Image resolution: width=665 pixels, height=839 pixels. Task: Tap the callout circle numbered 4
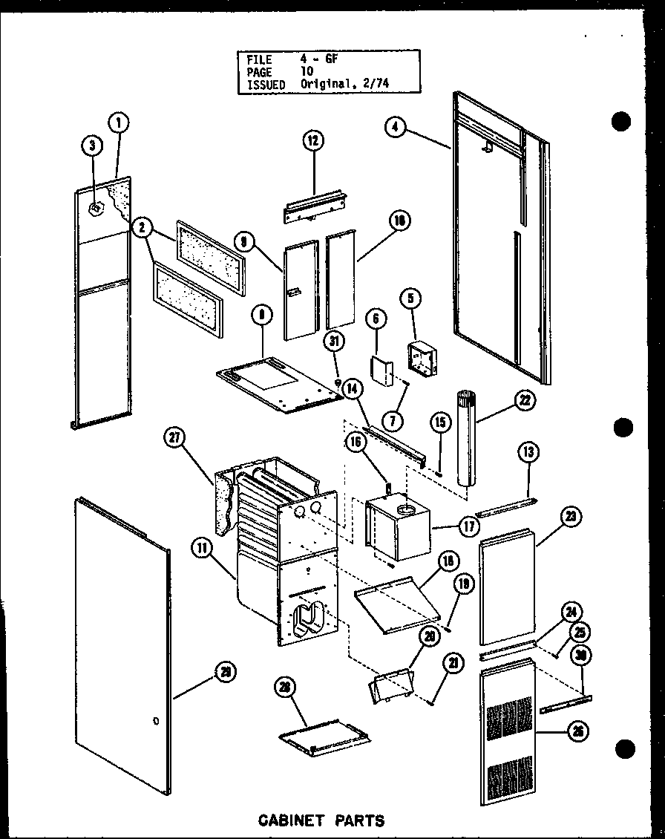(396, 127)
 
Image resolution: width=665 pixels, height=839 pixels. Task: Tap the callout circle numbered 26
(577, 732)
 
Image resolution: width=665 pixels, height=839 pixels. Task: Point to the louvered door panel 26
(507, 735)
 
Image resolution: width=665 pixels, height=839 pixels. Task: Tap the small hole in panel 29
(154, 721)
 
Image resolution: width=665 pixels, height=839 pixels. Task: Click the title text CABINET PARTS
(321, 820)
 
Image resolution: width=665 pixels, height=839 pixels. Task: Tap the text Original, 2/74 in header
(344, 85)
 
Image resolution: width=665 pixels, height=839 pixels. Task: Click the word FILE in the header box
(260, 59)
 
